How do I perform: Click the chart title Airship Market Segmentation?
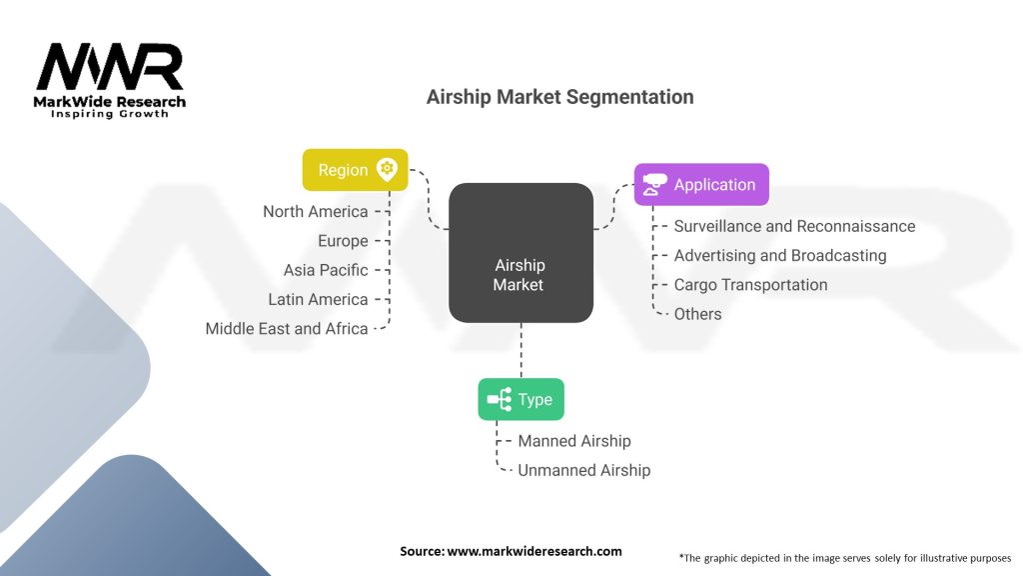pyautogui.click(x=559, y=97)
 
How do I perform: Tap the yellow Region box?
pyautogui.click(x=355, y=170)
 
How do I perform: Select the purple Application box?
pyautogui.click(x=701, y=185)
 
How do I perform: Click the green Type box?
pyautogui.click(x=520, y=400)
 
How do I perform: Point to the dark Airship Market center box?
pyautogui.click(x=519, y=253)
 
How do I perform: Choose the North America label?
pyautogui.click(x=315, y=211)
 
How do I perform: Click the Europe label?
pyautogui.click(x=343, y=241)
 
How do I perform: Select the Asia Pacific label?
pyautogui.click(x=326, y=270)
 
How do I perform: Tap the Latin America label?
pyautogui.click(x=318, y=299)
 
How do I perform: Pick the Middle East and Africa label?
pyautogui.click(x=287, y=328)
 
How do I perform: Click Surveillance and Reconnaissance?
pyautogui.click(x=794, y=226)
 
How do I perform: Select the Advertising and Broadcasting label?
pyautogui.click(x=780, y=255)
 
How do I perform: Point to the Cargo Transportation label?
pyautogui.click(x=750, y=284)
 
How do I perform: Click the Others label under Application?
pyautogui.click(x=697, y=314)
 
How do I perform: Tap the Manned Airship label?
pyautogui.click(x=574, y=441)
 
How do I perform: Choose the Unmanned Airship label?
pyautogui.click(x=583, y=470)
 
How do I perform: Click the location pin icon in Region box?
pyautogui.click(x=387, y=169)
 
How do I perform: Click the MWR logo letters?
pyautogui.click(x=110, y=67)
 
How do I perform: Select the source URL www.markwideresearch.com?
pyautogui.click(x=533, y=551)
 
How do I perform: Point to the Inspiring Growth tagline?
pyautogui.click(x=110, y=114)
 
